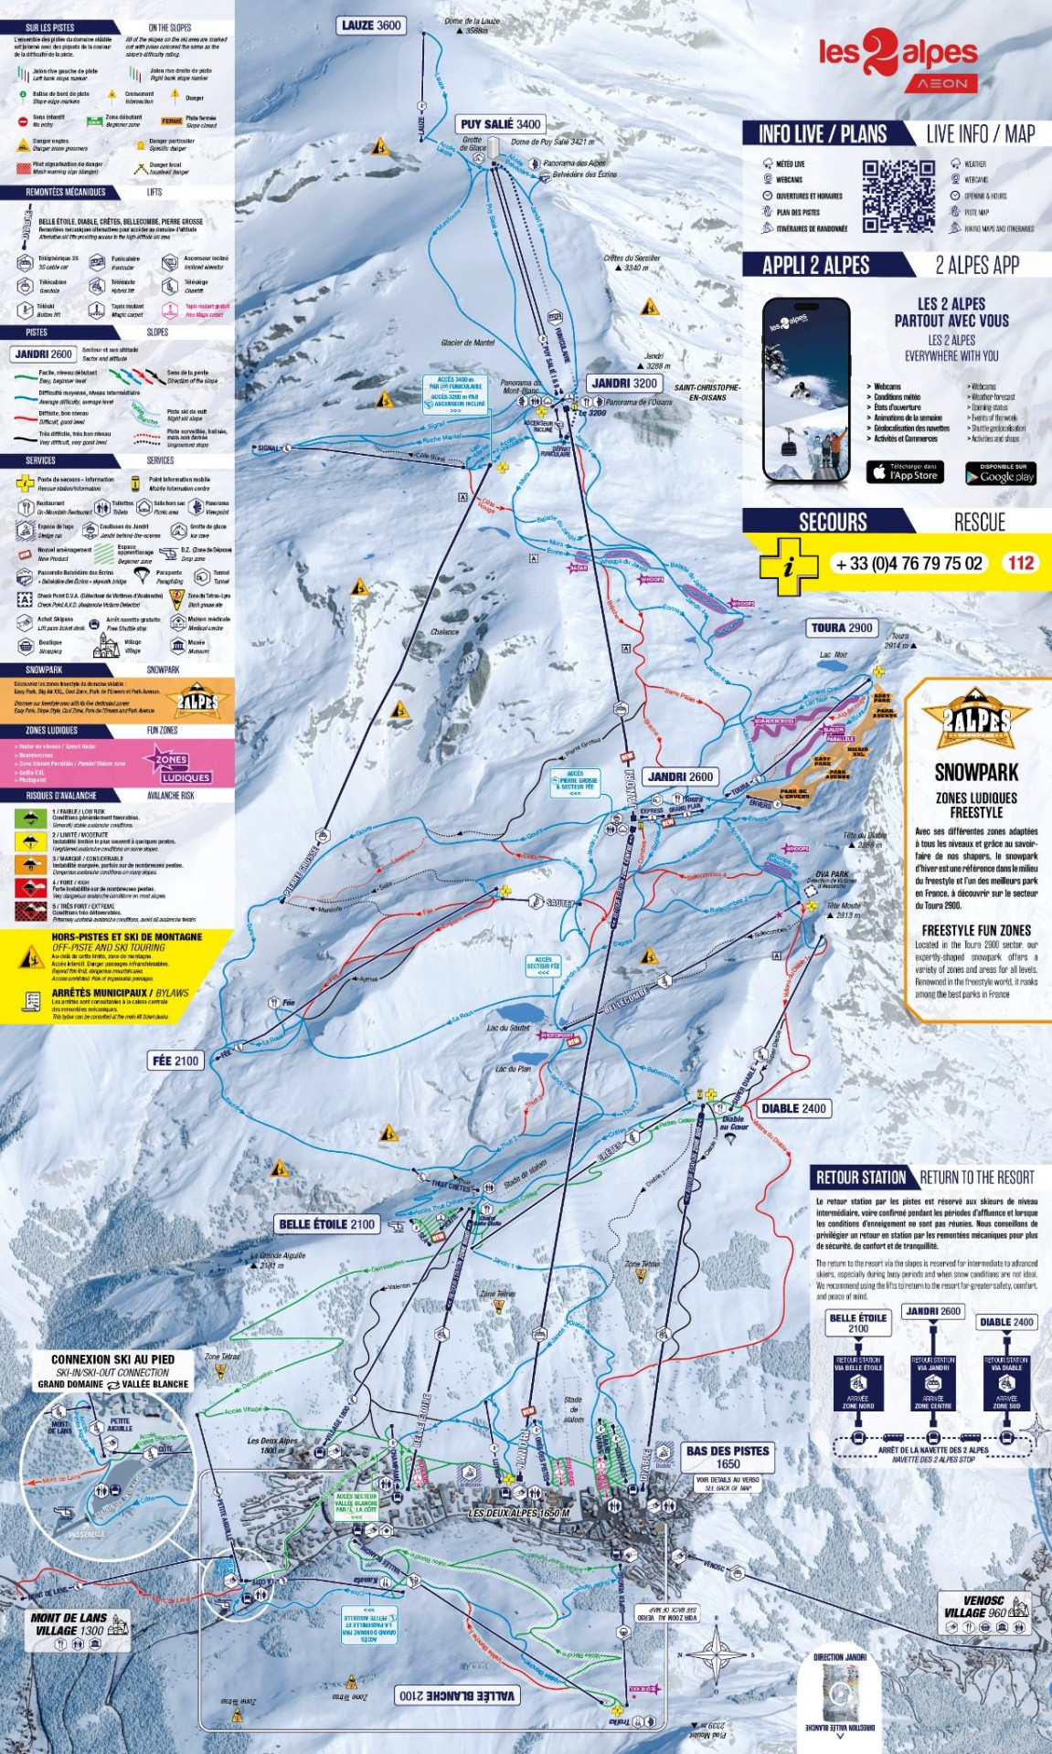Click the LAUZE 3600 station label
click(x=371, y=26)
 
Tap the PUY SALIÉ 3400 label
click(x=501, y=124)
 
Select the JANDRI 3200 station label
click(x=624, y=383)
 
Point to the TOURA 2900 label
click(x=842, y=628)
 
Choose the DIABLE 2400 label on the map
click(x=793, y=1108)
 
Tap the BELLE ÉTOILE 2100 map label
click(x=326, y=1224)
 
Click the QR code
click(x=899, y=195)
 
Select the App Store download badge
click(x=904, y=471)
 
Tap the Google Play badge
click(x=1000, y=472)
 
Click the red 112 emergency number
click(x=1020, y=563)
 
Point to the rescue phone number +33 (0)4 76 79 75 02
click(x=909, y=564)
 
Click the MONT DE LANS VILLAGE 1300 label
click(x=69, y=1623)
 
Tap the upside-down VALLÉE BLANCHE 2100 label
click(x=457, y=1696)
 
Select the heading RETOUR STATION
click(x=860, y=1178)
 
